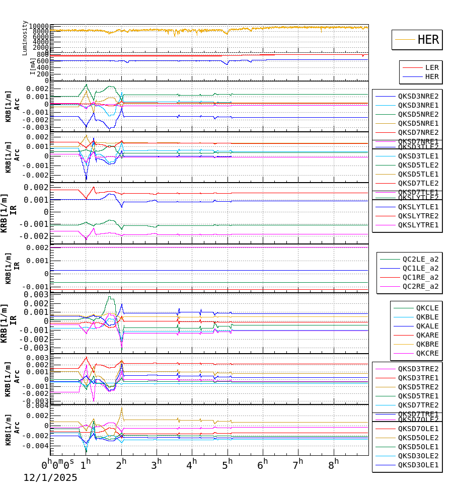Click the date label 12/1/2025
(x=50, y=478)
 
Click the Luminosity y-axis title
(x=25, y=38)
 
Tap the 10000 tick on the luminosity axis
(x=39, y=27)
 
